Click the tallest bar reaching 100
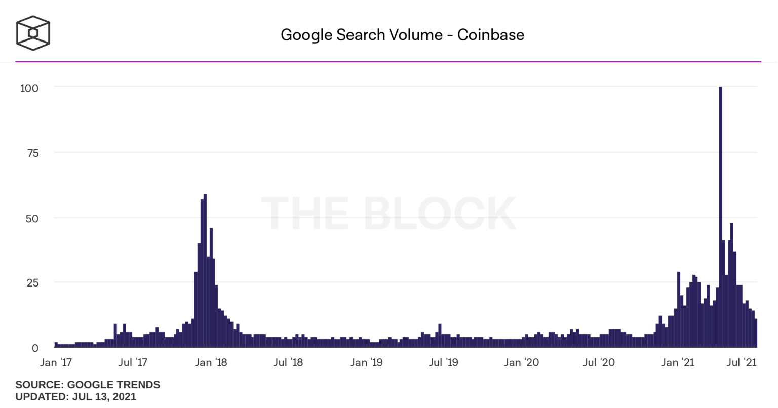[720, 218]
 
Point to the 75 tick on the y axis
[33, 153]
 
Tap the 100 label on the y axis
[29, 88]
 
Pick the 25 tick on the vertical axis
[33, 283]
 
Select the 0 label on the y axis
[35, 348]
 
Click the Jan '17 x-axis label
[56, 363]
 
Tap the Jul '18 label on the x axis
[288, 363]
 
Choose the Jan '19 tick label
[366, 363]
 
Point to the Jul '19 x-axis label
[443, 363]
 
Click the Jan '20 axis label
[522, 363]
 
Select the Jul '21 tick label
[742, 363]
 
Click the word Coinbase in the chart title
[490, 35]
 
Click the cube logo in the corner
[33, 33]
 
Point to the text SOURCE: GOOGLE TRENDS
[88, 385]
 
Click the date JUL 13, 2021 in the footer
[104, 396]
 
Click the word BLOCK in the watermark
[439, 214]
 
